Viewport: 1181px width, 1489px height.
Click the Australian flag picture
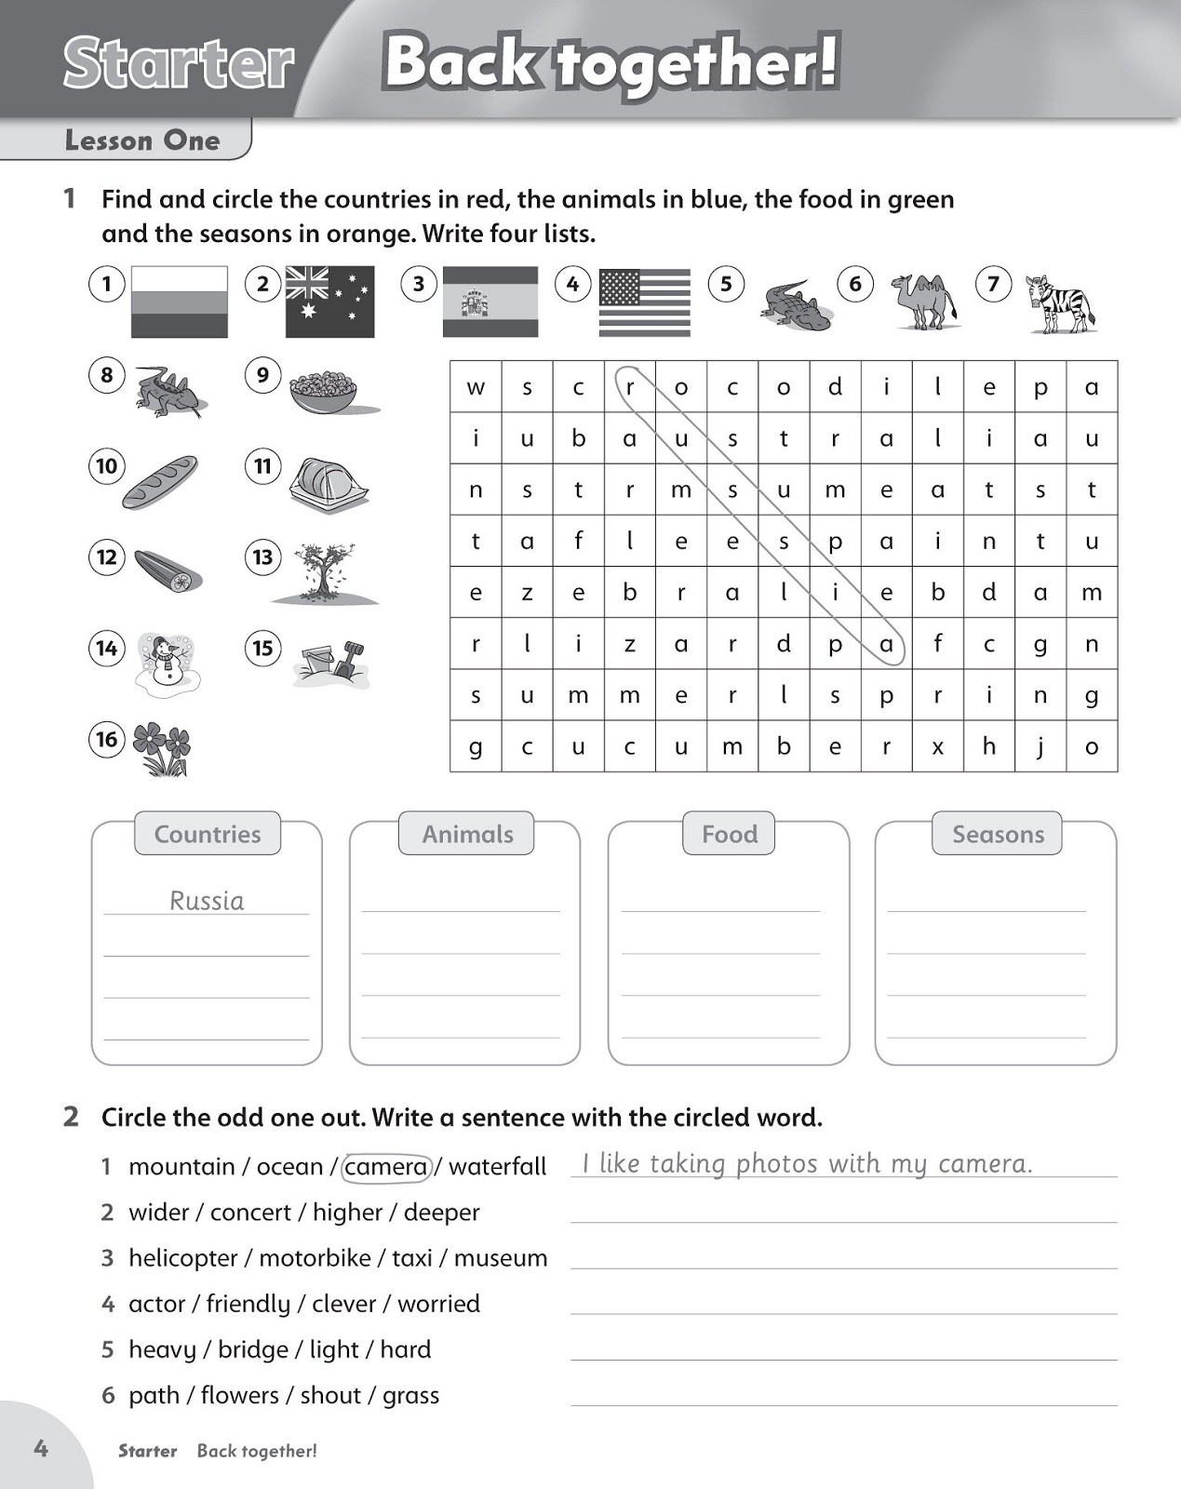(329, 302)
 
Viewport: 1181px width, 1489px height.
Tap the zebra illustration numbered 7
(1059, 303)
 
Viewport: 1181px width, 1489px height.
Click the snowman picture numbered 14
(168, 662)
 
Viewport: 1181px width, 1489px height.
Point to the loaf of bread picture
(160, 481)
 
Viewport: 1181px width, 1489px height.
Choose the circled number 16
(107, 740)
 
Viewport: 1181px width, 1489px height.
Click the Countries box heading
(208, 834)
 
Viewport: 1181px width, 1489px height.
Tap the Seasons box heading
(998, 834)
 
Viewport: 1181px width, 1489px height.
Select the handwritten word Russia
(207, 900)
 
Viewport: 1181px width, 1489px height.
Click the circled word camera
(386, 1167)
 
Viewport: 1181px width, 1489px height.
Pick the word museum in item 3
(501, 1258)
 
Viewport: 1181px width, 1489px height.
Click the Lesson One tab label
(142, 141)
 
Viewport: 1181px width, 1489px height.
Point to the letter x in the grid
(937, 746)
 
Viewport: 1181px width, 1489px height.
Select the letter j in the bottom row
(1040, 746)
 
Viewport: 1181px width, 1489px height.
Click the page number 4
(41, 1448)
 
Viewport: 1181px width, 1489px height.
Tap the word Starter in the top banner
(179, 63)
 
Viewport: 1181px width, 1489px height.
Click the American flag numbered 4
(644, 302)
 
